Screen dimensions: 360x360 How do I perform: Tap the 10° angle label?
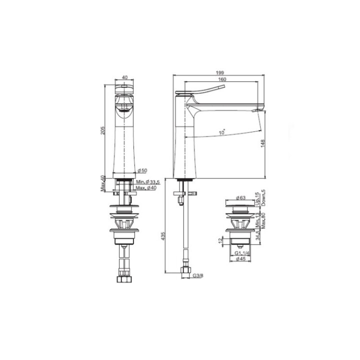click(221, 132)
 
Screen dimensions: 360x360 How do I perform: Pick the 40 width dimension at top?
click(124, 77)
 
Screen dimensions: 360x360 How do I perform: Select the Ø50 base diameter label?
click(141, 170)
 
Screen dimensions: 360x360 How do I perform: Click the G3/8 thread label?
click(198, 275)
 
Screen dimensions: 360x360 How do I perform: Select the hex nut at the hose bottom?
click(185, 270)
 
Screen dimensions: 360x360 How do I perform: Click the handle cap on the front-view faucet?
click(124, 89)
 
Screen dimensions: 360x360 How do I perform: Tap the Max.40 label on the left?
click(101, 183)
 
